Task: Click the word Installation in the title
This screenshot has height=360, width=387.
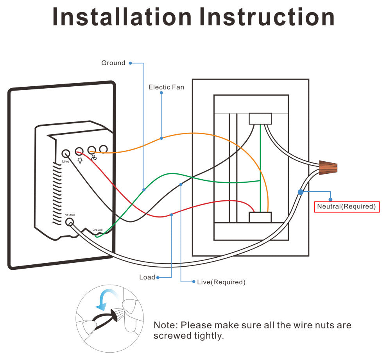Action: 122,18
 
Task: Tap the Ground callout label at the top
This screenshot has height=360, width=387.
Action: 113,63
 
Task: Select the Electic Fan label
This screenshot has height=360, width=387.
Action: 166,87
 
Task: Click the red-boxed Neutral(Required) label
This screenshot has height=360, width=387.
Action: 347,206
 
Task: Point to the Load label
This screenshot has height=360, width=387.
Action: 147,277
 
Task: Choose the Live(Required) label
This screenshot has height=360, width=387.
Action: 221,282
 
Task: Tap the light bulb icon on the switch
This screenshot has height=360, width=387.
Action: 80,160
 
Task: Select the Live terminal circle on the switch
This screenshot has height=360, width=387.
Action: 66,153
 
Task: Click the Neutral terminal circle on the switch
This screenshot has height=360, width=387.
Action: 70,222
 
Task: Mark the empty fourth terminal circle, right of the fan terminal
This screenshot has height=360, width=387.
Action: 104,149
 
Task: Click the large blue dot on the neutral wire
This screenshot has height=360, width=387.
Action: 301,192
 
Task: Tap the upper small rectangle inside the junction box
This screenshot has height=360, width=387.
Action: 260,119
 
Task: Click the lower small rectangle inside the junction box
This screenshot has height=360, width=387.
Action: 260,217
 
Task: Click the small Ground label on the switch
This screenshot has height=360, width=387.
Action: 97,230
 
